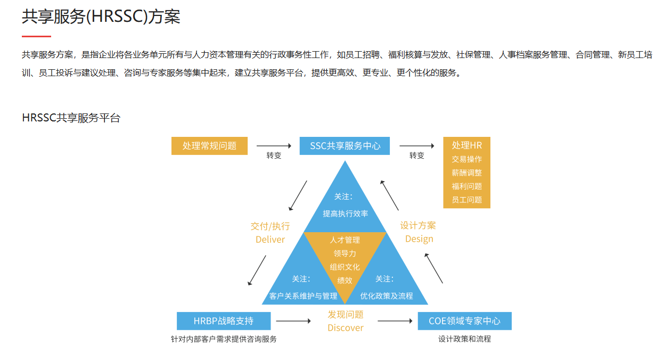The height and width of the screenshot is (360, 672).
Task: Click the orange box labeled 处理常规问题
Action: pyautogui.click(x=209, y=146)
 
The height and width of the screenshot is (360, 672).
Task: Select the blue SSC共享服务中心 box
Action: pyautogui.click(x=345, y=146)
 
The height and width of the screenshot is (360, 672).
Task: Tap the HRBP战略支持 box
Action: pyautogui.click(x=224, y=321)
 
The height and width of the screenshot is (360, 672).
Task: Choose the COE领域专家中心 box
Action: pyautogui.click(x=464, y=321)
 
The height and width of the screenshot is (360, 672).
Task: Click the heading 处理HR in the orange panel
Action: pyautogui.click(x=466, y=145)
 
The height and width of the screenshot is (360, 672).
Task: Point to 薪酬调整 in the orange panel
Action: pyautogui.click(x=466, y=173)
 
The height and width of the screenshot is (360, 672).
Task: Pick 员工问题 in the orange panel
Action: pyautogui.click(x=466, y=200)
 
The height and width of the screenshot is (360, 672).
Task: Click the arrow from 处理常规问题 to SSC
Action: pyautogui.click(x=274, y=145)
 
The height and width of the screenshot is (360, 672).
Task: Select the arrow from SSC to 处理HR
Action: pyautogui.click(x=416, y=145)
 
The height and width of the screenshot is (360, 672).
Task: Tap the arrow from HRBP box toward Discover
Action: pyautogui.click(x=293, y=321)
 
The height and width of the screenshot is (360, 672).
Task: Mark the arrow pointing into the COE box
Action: pyautogui.click(x=395, y=321)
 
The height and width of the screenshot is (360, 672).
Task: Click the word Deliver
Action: pyautogui.click(x=270, y=240)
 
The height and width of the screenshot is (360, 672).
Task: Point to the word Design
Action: pyautogui.click(x=419, y=239)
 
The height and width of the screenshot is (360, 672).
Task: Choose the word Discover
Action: pyautogui.click(x=345, y=328)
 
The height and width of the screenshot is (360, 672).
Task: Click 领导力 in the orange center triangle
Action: pyautogui.click(x=345, y=253)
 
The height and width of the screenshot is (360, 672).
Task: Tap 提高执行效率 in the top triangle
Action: pyautogui.click(x=345, y=214)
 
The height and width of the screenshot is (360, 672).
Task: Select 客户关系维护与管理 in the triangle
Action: pyautogui.click(x=303, y=296)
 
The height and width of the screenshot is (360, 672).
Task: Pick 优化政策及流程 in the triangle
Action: pyautogui.click(x=387, y=296)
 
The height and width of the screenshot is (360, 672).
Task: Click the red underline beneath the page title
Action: pyautogui.click(x=36, y=36)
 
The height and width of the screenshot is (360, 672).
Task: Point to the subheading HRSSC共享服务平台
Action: pyautogui.click(x=71, y=118)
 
